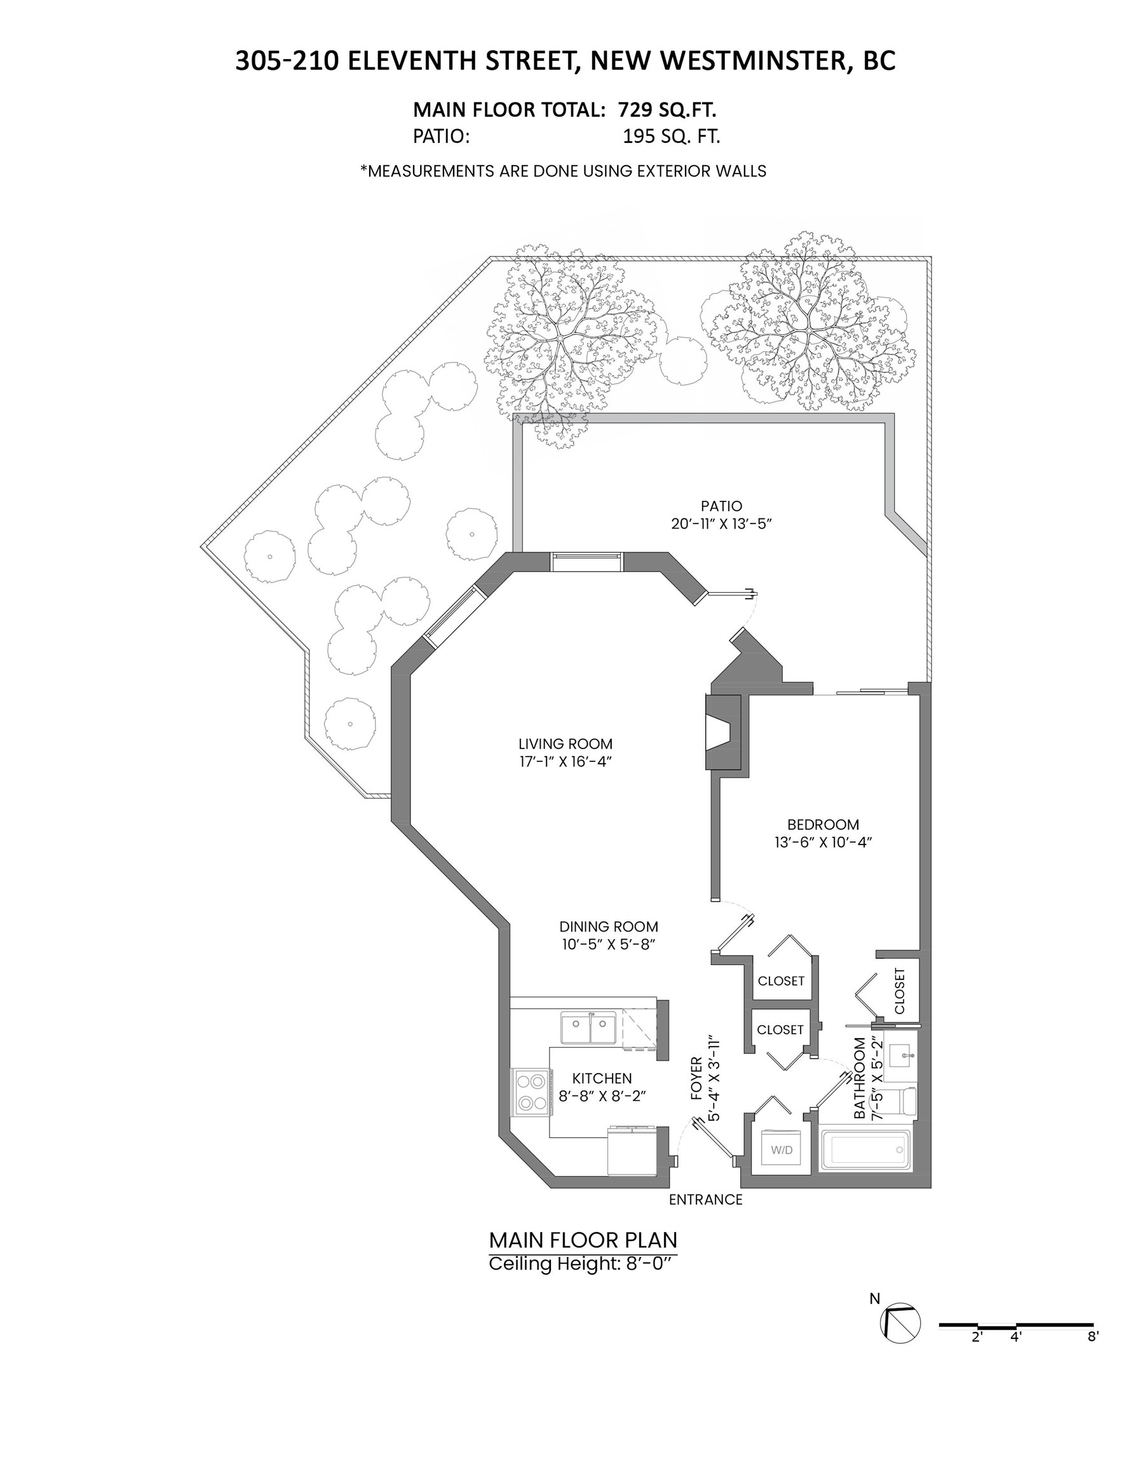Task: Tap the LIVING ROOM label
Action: pyautogui.click(x=565, y=743)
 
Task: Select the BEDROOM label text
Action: pyautogui.click(x=823, y=824)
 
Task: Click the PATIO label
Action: pyautogui.click(x=721, y=505)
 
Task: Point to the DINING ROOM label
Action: pyautogui.click(x=609, y=926)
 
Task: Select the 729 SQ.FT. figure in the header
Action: pyautogui.click(x=667, y=109)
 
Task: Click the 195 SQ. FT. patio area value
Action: pyautogui.click(x=671, y=136)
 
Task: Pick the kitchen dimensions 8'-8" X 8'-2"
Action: pyautogui.click(x=602, y=1095)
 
